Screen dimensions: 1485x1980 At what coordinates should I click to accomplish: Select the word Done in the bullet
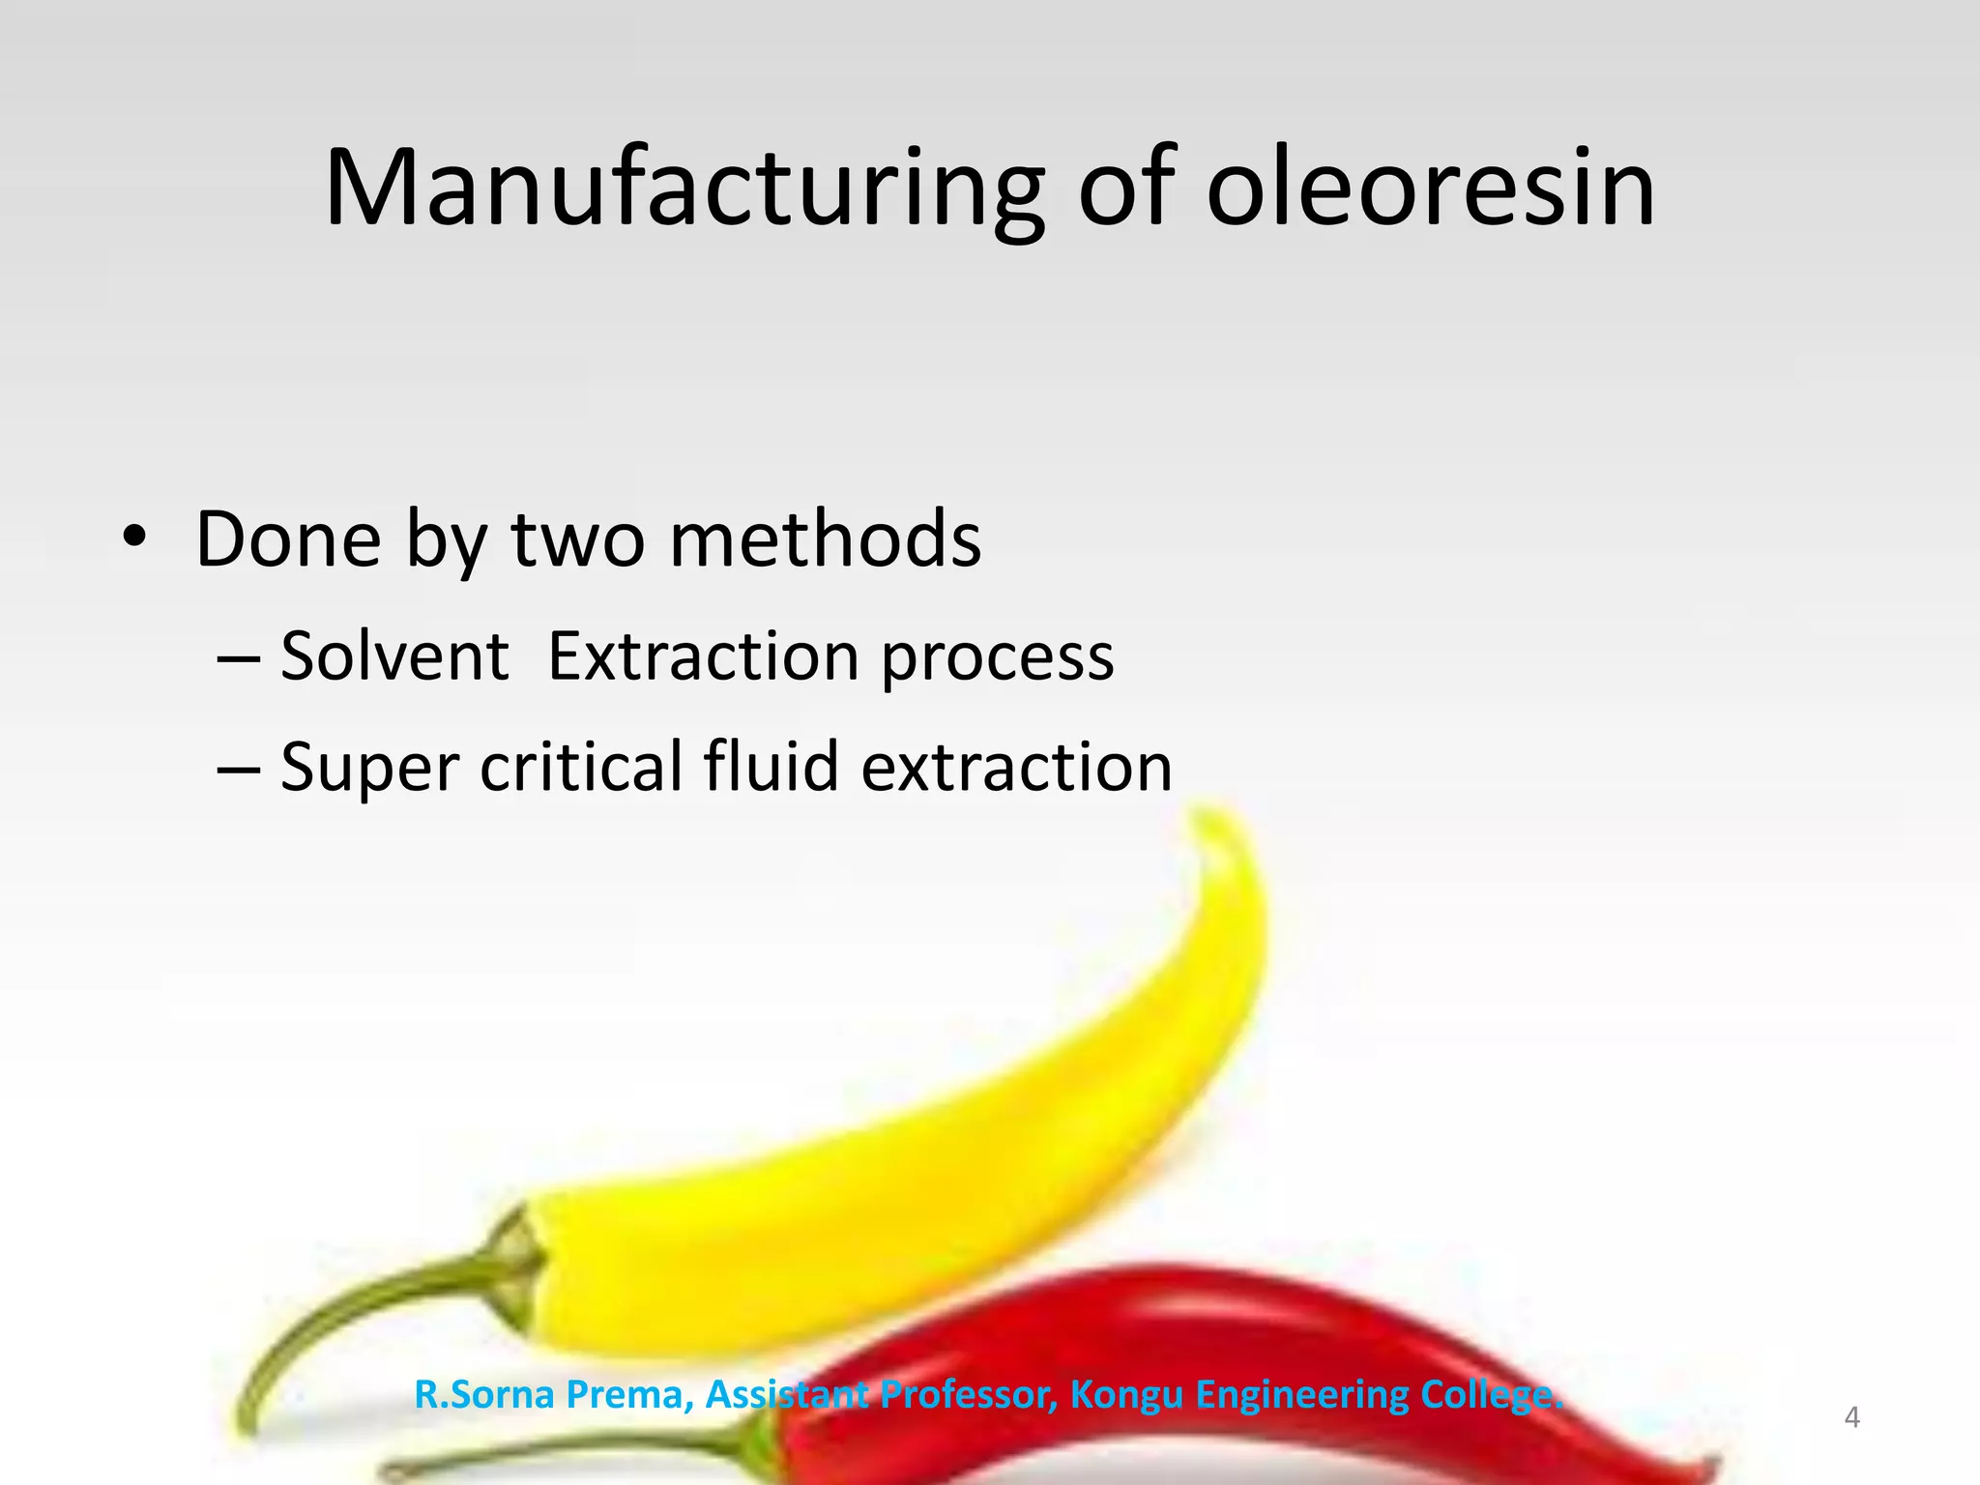[x=288, y=539]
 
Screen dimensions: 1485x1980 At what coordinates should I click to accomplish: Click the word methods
[x=825, y=539]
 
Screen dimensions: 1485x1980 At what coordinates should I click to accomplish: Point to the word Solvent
[x=394, y=656]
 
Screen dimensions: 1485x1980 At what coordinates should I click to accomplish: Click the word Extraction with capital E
[x=703, y=656]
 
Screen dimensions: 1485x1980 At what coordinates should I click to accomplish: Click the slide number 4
[x=1851, y=1417]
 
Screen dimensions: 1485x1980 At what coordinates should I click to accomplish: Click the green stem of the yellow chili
[x=367, y=1305]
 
